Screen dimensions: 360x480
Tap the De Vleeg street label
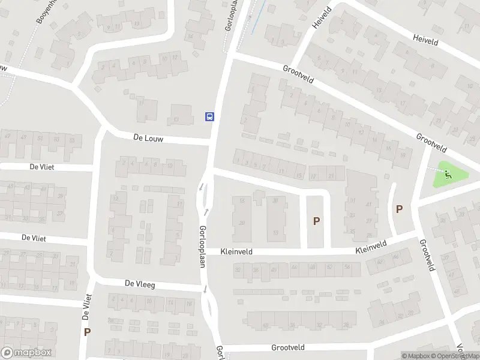(140, 284)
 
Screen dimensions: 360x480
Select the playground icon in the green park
(448, 175)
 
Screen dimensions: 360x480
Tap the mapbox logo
(26, 353)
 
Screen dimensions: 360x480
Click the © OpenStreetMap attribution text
(455, 356)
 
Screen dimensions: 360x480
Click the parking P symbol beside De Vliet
(88, 332)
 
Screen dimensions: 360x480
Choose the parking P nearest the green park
(399, 209)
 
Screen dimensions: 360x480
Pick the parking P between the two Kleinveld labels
(316, 221)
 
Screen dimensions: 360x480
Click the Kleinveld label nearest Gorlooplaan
(238, 252)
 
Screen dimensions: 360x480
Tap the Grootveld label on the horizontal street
(288, 347)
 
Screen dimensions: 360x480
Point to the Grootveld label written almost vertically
(427, 255)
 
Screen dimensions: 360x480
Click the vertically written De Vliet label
(86, 307)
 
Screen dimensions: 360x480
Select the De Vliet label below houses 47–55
(41, 167)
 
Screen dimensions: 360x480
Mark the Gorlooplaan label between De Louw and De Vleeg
(203, 247)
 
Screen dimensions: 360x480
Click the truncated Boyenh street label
(46, 11)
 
